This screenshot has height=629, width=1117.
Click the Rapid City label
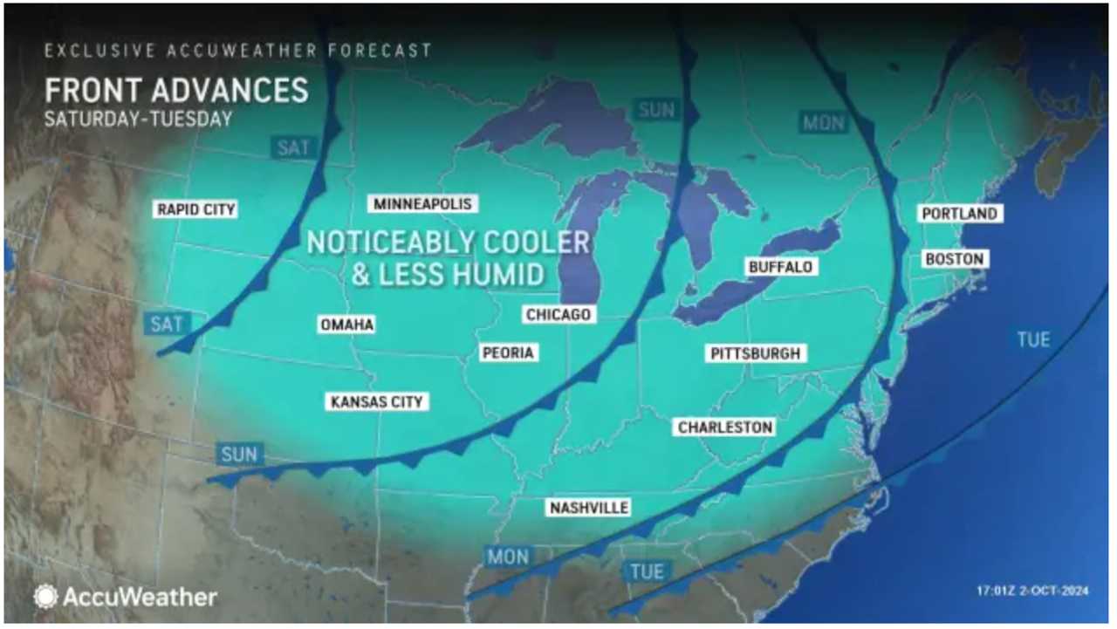[196, 209]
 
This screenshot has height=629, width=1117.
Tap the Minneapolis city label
[422, 204]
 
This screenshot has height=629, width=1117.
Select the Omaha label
[346, 325]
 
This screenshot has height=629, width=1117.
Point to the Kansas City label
[377, 402]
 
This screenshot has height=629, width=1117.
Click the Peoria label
[508, 353]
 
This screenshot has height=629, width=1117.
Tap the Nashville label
[588, 508]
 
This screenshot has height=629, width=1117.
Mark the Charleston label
[725, 427]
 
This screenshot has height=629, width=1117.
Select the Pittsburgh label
[755, 353]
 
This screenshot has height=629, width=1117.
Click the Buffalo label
[780, 267]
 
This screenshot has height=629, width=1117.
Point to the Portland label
[959, 214]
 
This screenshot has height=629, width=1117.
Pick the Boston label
[954, 259]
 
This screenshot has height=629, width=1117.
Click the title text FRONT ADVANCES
[176, 91]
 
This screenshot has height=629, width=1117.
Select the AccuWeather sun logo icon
[45, 597]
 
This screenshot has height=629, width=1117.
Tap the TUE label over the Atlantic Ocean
[1033, 338]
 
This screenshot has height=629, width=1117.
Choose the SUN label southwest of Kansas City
[239, 455]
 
